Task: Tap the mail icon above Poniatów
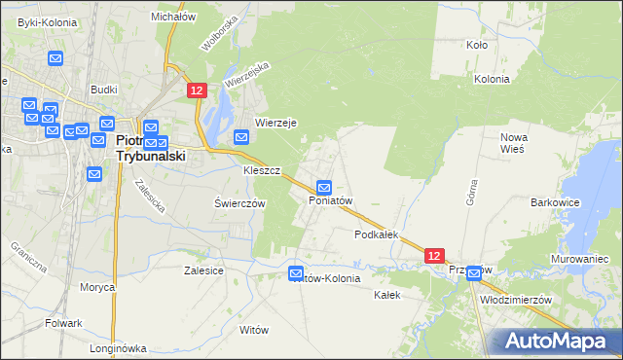point(324,187)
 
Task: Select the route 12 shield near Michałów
point(197,90)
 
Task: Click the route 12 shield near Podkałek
point(435,255)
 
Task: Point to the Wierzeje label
point(275,123)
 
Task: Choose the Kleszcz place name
point(262,170)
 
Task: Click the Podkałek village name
point(378,234)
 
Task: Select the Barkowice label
point(556,202)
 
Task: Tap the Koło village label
point(477,45)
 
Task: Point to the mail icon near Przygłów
point(473,274)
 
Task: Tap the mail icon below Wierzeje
point(242,139)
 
